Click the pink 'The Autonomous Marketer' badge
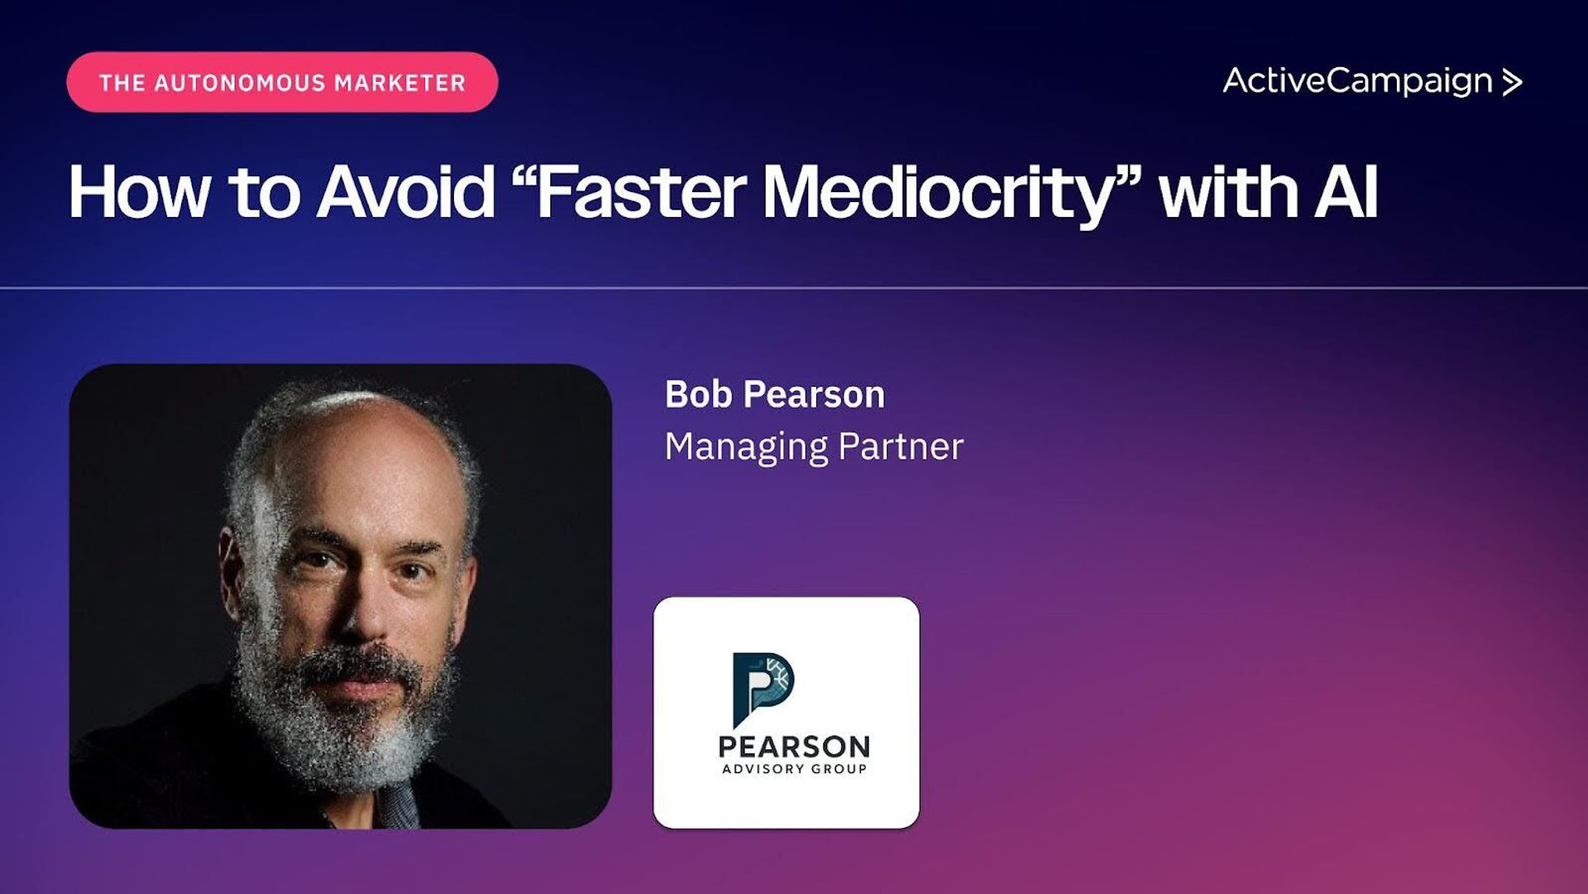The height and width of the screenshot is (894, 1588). tap(282, 82)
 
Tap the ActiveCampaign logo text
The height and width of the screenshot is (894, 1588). tap(1358, 82)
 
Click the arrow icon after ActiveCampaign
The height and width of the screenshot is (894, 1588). tap(1513, 82)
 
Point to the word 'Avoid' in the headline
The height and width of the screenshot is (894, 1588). tap(406, 193)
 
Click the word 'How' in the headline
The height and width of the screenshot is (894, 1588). tap(140, 193)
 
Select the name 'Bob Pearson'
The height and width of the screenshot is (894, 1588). tap(775, 394)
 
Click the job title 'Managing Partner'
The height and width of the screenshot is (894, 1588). tap(814, 447)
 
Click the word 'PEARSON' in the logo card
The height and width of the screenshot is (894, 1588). tap(794, 747)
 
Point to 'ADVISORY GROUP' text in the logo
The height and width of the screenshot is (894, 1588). tap(794, 769)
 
